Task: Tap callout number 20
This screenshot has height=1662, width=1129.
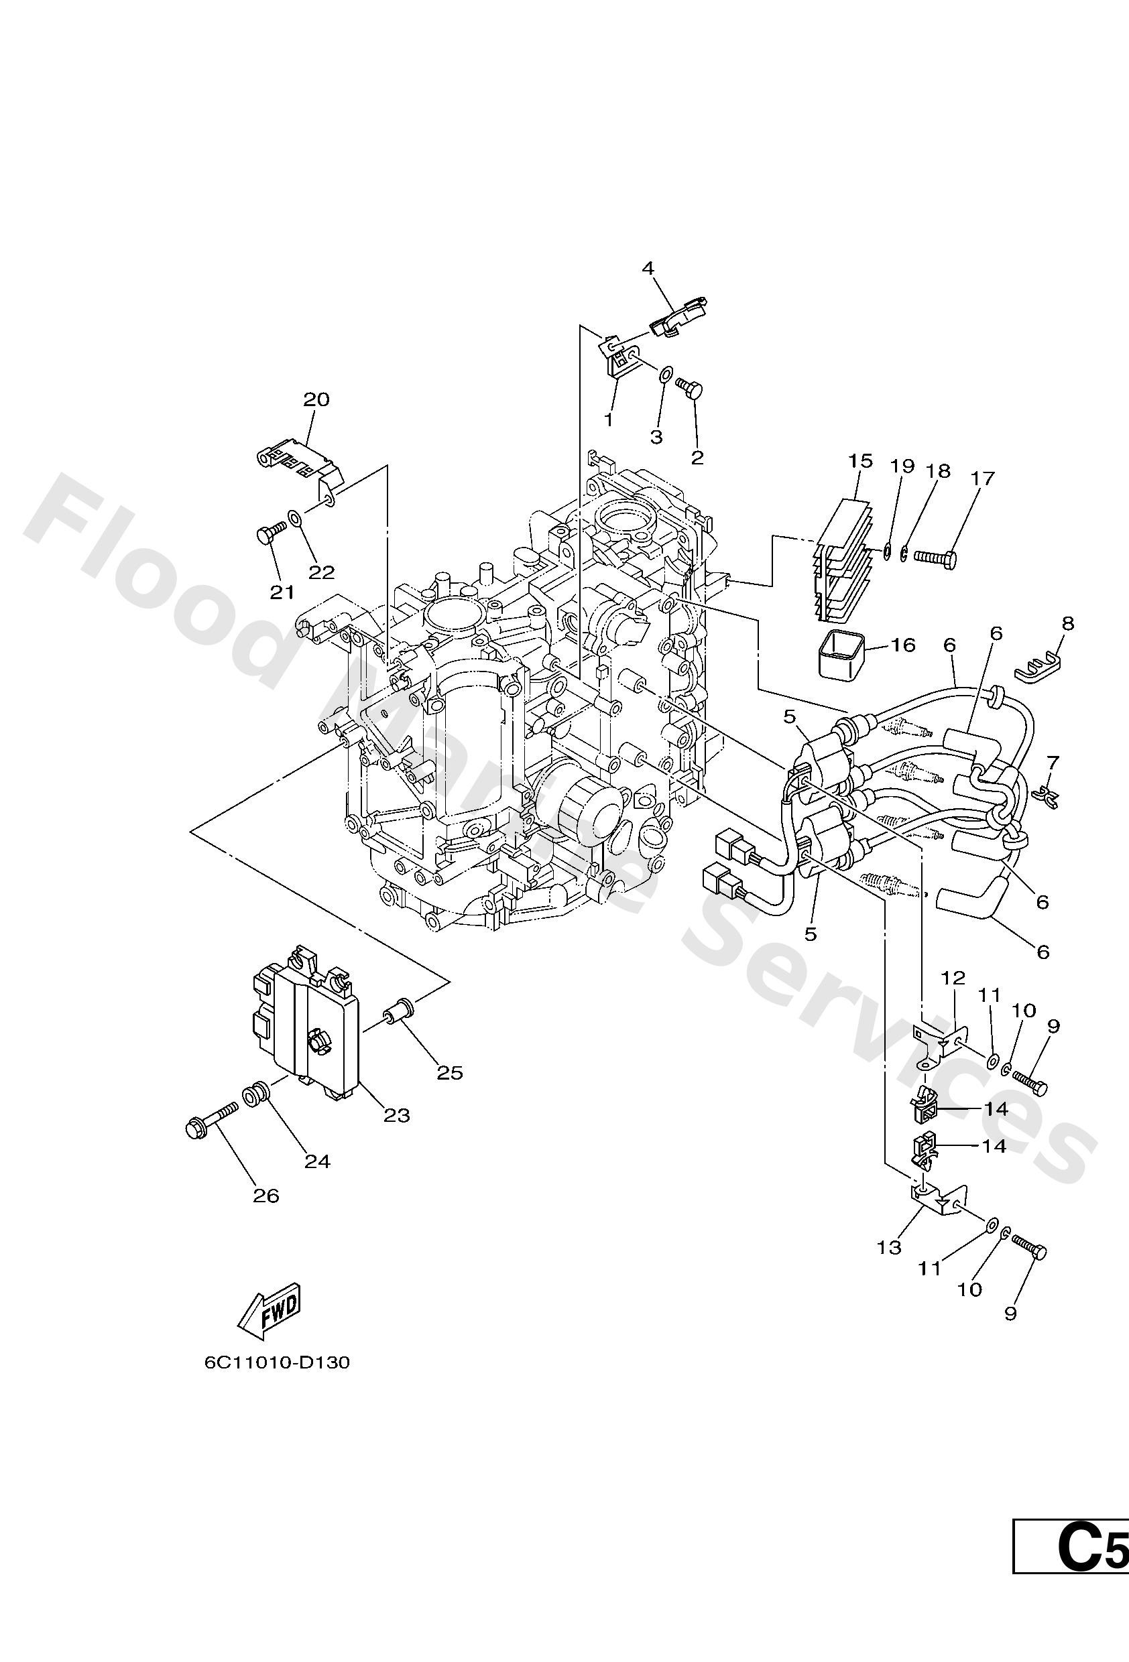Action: pyautogui.click(x=316, y=399)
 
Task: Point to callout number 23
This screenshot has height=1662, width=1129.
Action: pyautogui.click(x=396, y=1115)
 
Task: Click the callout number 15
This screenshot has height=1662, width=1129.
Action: pyautogui.click(x=861, y=460)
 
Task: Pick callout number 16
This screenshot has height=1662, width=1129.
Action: pyautogui.click(x=904, y=645)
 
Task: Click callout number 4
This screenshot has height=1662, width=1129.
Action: pyautogui.click(x=648, y=268)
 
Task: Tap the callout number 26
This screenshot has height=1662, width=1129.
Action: pyautogui.click(x=266, y=1195)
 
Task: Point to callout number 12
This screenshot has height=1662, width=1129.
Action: pyautogui.click(x=954, y=978)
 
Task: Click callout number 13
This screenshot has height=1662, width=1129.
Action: pyautogui.click(x=889, y=1247)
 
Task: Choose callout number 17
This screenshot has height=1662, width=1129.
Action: pyautogui.click(x=983, y=477)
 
